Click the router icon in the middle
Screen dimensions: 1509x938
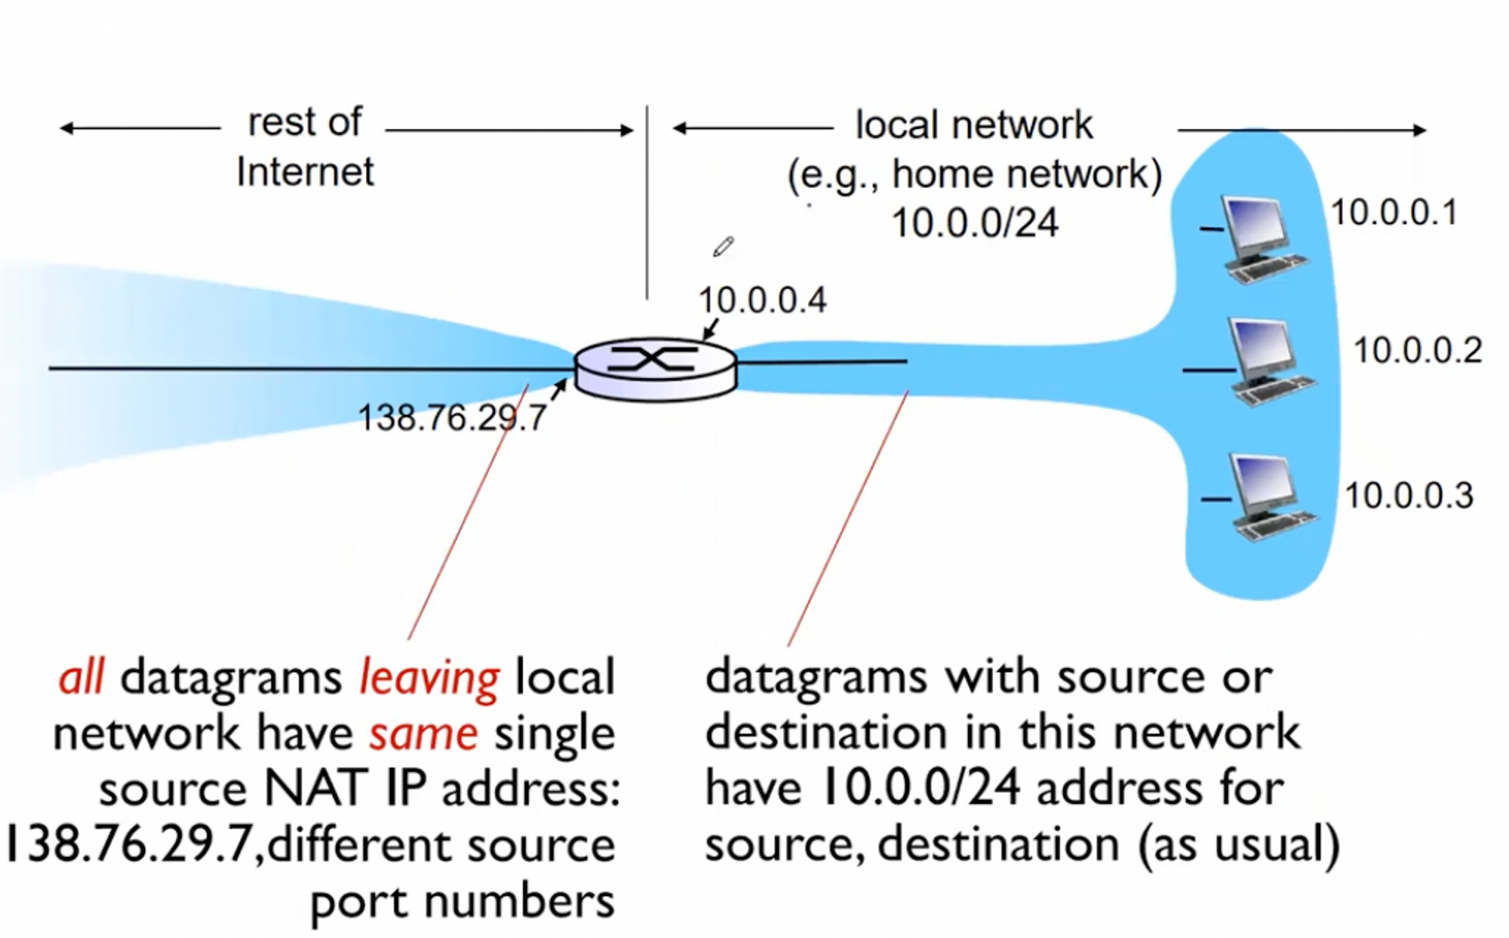655,368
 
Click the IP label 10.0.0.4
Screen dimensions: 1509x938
762,300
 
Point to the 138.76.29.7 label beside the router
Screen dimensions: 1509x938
451,417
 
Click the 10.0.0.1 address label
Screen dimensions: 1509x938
1394,213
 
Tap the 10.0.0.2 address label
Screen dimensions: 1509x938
1418,351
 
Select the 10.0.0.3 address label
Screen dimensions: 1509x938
1409,496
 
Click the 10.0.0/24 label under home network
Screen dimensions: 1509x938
975,223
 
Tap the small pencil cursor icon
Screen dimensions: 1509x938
723,247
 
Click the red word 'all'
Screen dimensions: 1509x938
81,678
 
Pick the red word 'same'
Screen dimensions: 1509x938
423,733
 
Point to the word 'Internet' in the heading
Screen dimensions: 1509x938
305,172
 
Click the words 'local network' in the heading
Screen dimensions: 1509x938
973,125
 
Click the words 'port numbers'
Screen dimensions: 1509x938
463,901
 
